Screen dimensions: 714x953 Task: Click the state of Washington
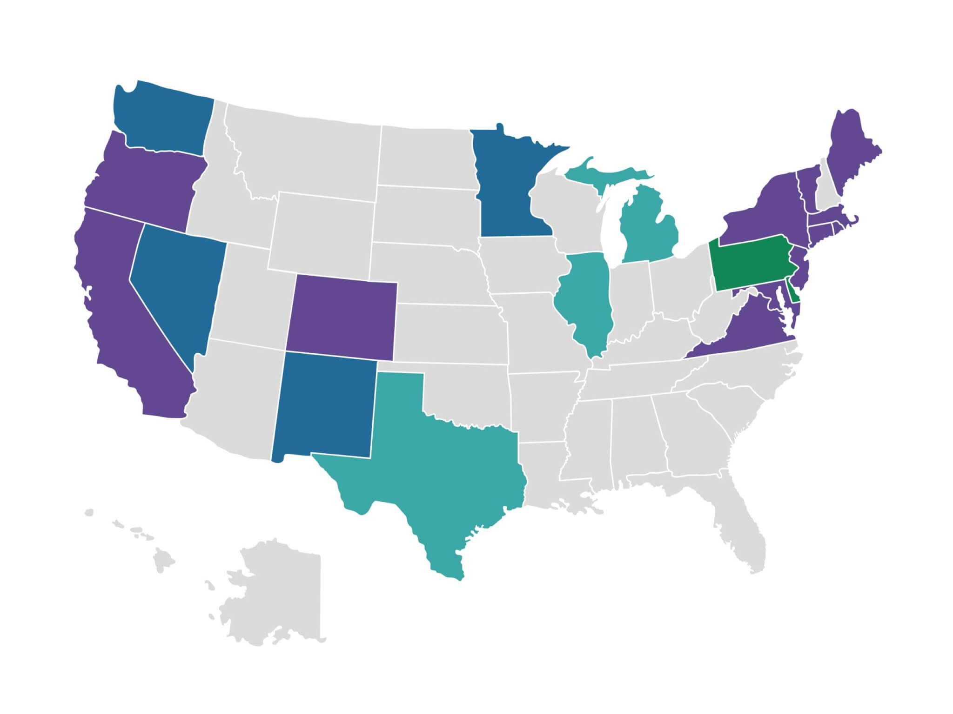coord(163,119)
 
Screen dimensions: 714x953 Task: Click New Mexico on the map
coord(323,404)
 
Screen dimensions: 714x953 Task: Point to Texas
coord(437,469)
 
